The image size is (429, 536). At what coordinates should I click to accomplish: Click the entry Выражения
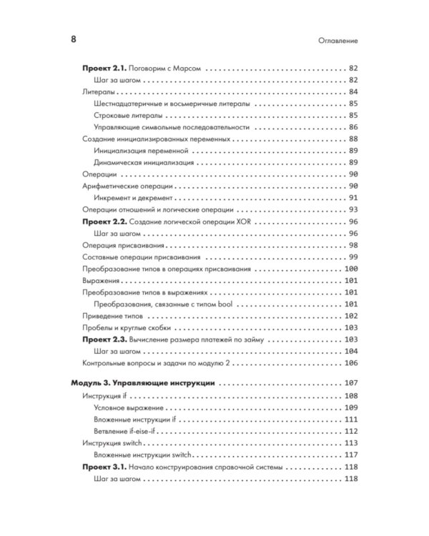102,280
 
